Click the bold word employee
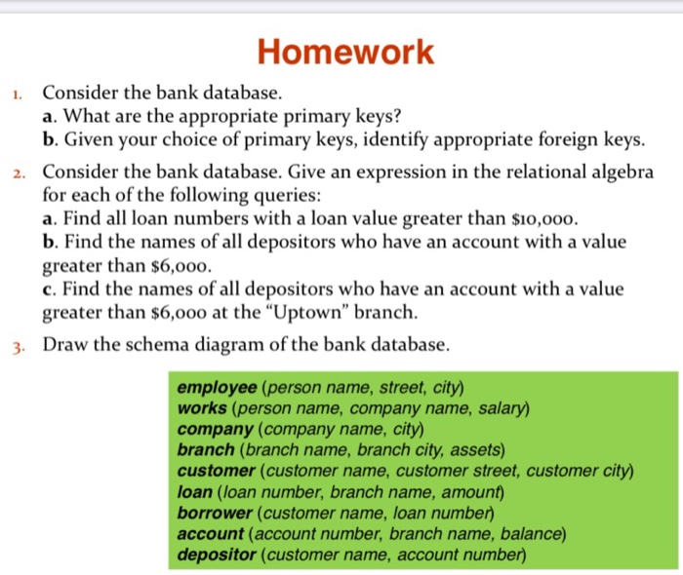pos(218,387)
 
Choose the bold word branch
pos(206,449)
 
